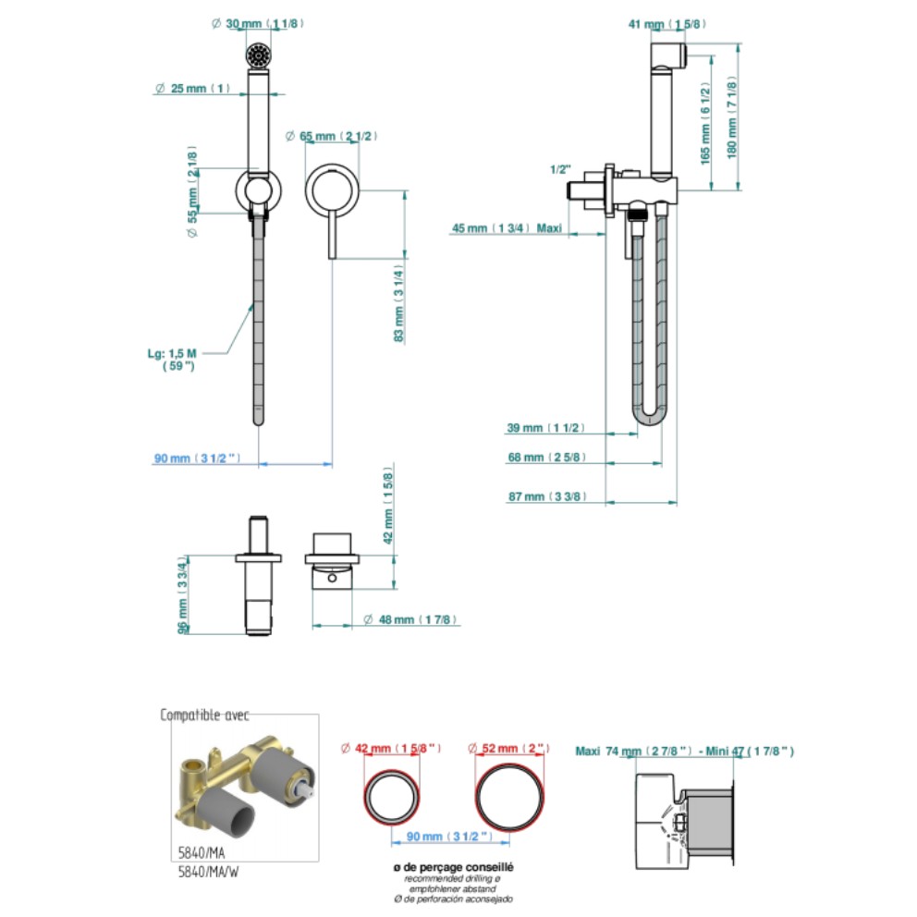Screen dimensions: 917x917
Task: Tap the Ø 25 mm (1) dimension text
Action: point(192,89)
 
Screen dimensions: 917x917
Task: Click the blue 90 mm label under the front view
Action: point(198,458)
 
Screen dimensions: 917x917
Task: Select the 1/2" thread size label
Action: point(560,170)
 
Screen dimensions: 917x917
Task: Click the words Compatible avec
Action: point(204,715)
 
